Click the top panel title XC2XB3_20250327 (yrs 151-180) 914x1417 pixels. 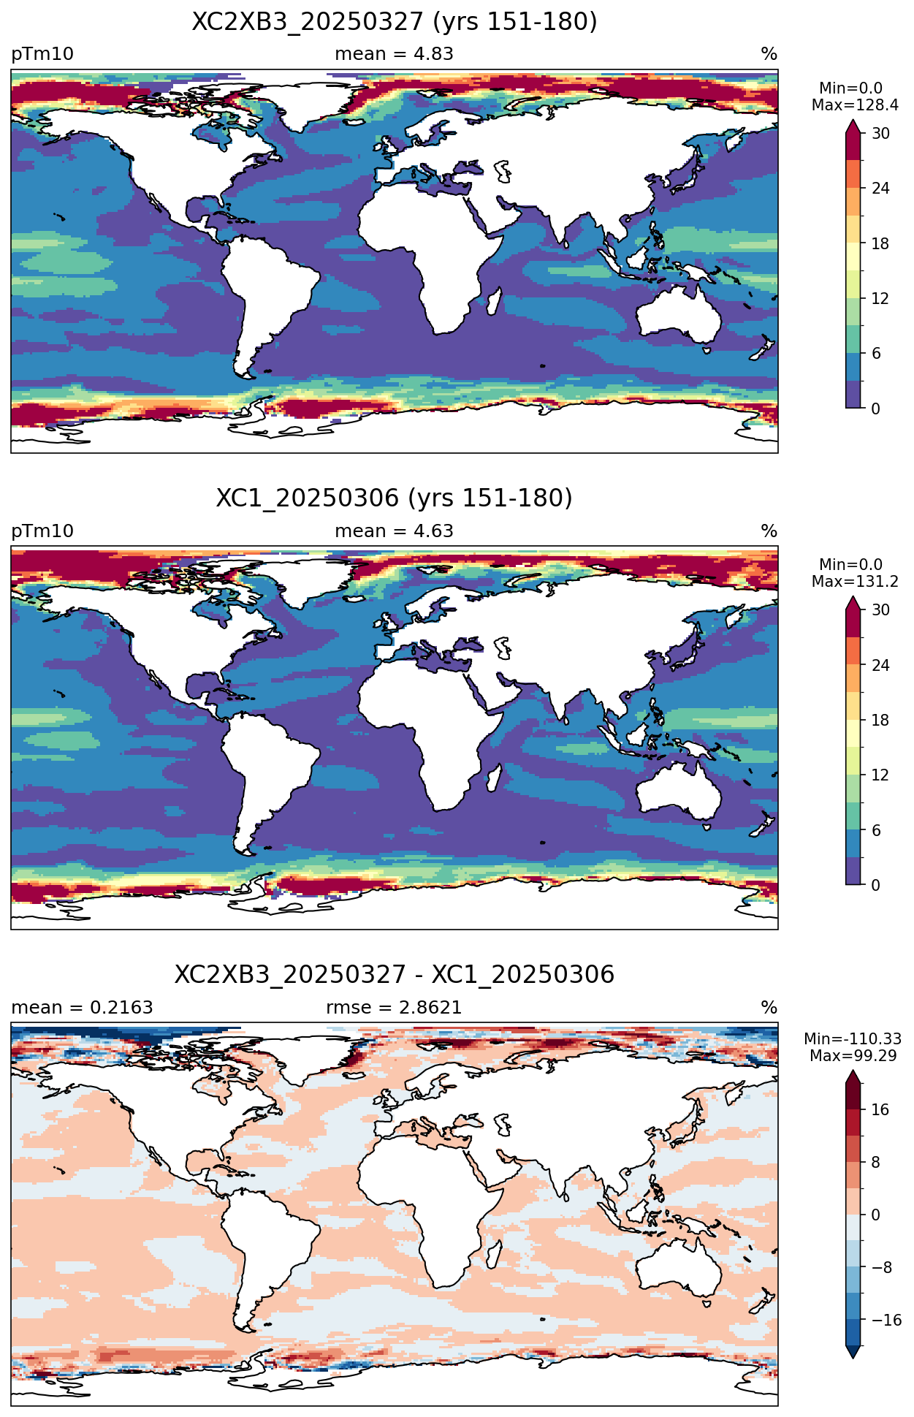pos(395,22)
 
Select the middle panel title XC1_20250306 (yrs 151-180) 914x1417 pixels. pos(395,498)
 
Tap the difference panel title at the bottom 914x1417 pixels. pos(395,975)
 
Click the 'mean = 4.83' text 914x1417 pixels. pos(394,54)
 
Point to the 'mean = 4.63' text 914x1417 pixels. pos(394,531)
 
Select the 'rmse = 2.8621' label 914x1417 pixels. pos(394,1008)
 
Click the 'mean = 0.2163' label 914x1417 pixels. pos(82,1008)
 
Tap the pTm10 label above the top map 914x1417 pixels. pos(42,55)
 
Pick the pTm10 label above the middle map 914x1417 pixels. pos(42,531)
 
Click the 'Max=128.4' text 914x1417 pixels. pos(855,105)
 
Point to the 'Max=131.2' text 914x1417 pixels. pos(855,582)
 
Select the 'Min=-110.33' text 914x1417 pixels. pos(853,1039)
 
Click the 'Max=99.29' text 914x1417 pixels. pos(853,1056)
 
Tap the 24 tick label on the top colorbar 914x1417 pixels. pos(880,189)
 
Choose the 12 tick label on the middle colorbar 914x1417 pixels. pos(880,775)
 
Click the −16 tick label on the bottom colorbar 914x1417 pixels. pos(886,1321)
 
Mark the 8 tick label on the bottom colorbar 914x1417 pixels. pos(875,1163)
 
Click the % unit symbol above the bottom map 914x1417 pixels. pos(769,1008)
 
